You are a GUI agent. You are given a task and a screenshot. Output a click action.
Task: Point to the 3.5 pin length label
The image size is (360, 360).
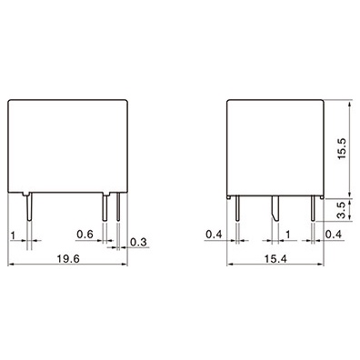click(340, 211)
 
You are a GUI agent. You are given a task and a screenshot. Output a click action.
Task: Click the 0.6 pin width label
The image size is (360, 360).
click(85, 235)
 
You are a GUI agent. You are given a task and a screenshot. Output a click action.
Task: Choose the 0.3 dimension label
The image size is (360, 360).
click(140, 241)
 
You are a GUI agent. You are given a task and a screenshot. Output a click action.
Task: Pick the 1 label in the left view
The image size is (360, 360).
click(13, 235)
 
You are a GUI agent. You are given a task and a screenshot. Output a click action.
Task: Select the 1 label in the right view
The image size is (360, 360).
click(288, 235)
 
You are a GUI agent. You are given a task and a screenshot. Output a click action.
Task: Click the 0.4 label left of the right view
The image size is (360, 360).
click(215, 235)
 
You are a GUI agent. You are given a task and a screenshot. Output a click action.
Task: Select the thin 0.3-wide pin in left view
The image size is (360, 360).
click(118, 208)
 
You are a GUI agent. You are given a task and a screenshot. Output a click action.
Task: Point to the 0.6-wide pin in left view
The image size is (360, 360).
click(105, 208)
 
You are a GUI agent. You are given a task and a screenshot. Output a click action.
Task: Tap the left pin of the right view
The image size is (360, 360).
click(236, 209)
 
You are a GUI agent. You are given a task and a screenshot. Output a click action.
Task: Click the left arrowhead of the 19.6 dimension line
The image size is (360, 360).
click(12, 265)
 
